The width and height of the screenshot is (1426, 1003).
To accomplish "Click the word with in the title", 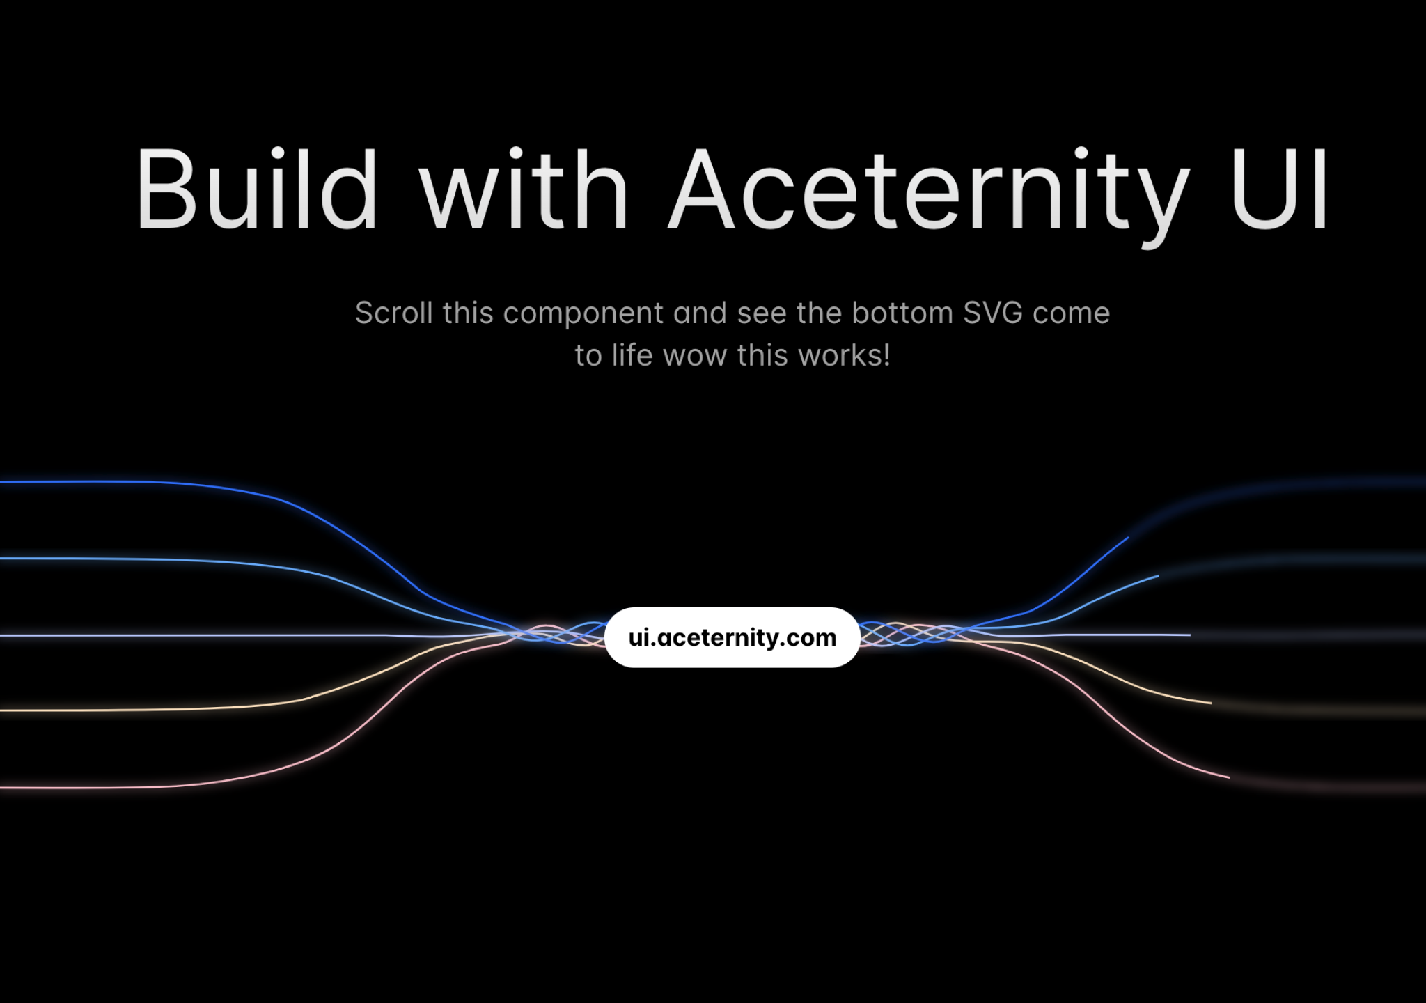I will coord(524,189).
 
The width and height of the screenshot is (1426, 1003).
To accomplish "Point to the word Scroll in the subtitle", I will coord(394,313).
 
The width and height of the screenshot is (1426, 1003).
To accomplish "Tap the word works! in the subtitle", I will coord(849,356).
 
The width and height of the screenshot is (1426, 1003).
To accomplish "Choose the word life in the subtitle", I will coord(632,356).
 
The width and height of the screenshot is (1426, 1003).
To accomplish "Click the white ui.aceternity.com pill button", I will coord(732,637).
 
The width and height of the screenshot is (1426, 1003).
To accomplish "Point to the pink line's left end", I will coord(3,788).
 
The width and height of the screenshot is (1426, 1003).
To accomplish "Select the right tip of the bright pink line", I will coord(1228,777).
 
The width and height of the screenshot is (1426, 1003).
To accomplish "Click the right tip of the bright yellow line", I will coord(1211,703).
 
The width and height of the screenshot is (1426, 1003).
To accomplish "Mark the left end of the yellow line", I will coord(3,710).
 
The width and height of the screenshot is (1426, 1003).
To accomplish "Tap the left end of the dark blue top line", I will coord(3,482).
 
